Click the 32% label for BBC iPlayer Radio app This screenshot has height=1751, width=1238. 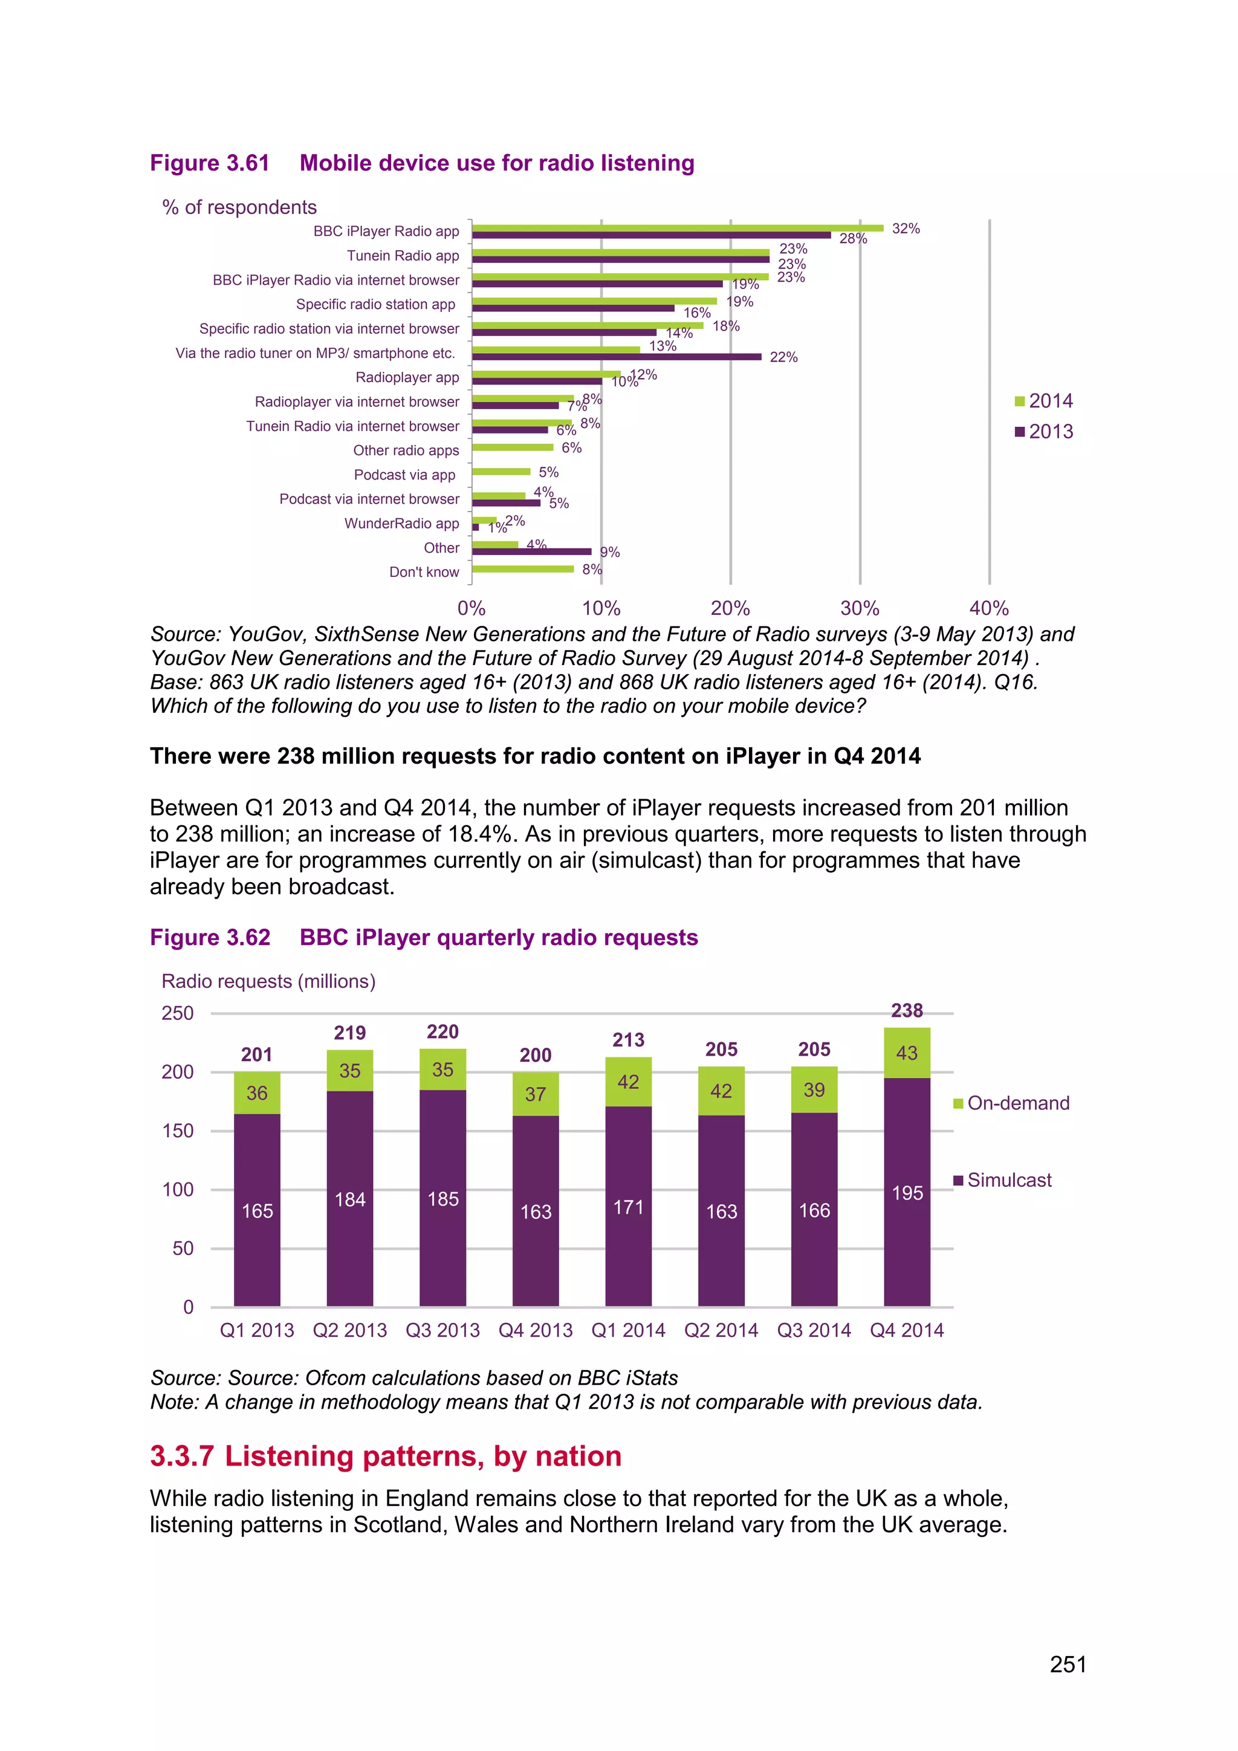point(906,229)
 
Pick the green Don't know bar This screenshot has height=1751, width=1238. point(523,569)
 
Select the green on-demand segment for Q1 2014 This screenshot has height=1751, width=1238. point(628,1082)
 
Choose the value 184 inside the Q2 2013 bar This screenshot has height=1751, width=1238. point(350,1200)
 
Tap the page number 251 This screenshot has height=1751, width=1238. point(1068,1664)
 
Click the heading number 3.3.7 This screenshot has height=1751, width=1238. point(181,1456)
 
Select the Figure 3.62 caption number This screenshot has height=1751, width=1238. point(210,937)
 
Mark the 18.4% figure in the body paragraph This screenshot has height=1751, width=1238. point(479,834)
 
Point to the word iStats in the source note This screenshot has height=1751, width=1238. point(651,1377)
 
